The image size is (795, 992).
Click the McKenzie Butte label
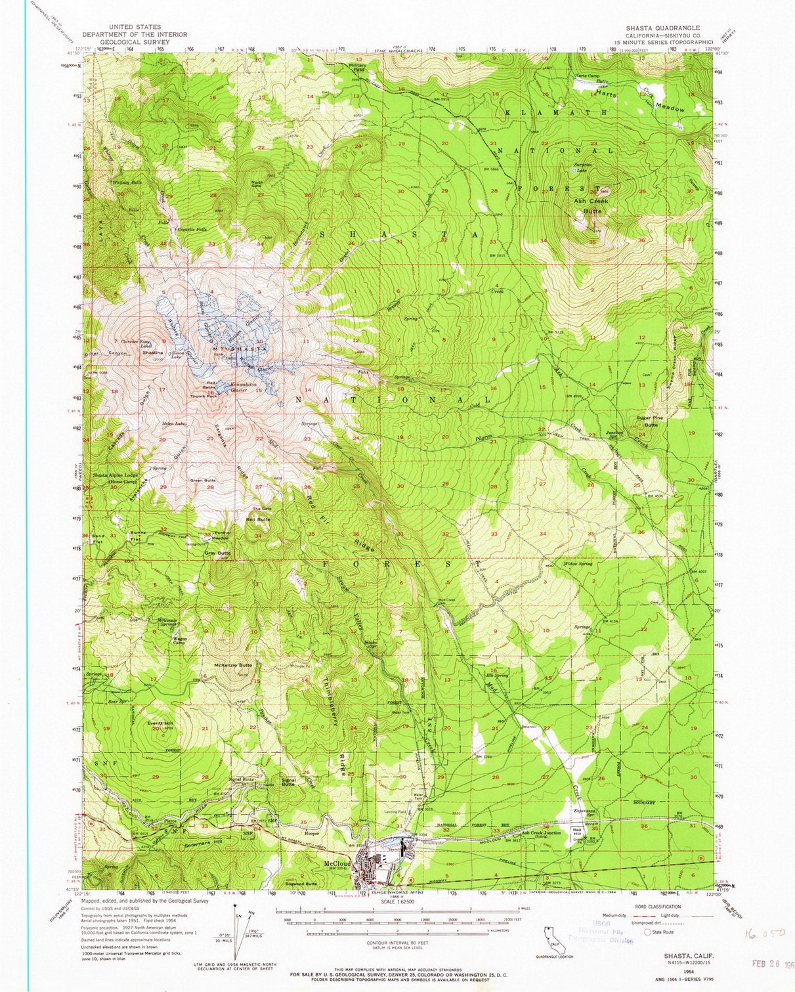tap(233, 665)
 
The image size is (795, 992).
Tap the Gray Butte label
tap(217, 553)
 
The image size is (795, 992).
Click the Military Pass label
tap(358, 68)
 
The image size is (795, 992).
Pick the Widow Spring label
tap(578, 564)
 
